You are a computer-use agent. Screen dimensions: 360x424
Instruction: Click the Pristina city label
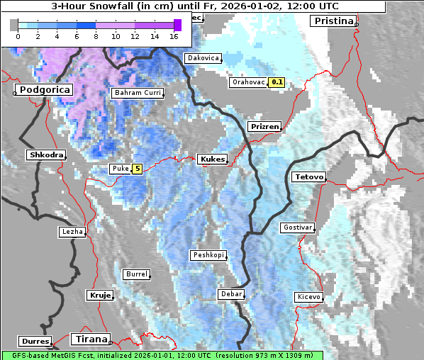click(333, 21)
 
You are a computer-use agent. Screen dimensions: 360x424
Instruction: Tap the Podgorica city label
click(44, 90)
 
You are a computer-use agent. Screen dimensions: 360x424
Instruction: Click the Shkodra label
click(46, 154)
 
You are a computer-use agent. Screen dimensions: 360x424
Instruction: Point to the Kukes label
click(212, 159)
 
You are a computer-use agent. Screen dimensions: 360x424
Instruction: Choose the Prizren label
click(264, 126)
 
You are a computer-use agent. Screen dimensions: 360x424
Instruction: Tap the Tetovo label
click(308, 176)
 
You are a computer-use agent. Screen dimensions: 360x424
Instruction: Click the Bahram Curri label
click(138, 93)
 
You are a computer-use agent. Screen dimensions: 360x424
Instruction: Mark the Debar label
click(231, 293)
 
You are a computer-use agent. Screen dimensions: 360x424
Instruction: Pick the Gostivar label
click(297, 227)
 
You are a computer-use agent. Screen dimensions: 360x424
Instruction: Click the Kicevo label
click(308, 296)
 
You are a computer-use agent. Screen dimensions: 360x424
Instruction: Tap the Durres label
click(35, 341)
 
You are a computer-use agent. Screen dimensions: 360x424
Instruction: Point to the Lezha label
click(72, 232)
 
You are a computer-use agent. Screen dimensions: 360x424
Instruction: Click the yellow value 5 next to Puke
click(137, 169)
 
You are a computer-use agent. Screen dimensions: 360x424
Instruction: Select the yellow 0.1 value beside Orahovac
click(277, 82)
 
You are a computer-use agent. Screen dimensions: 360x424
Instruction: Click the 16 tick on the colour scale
click(174, 36)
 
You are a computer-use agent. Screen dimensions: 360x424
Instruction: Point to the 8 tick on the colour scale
click(95, 36)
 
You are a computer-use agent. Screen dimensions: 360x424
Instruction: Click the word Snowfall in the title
click(121, 6)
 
